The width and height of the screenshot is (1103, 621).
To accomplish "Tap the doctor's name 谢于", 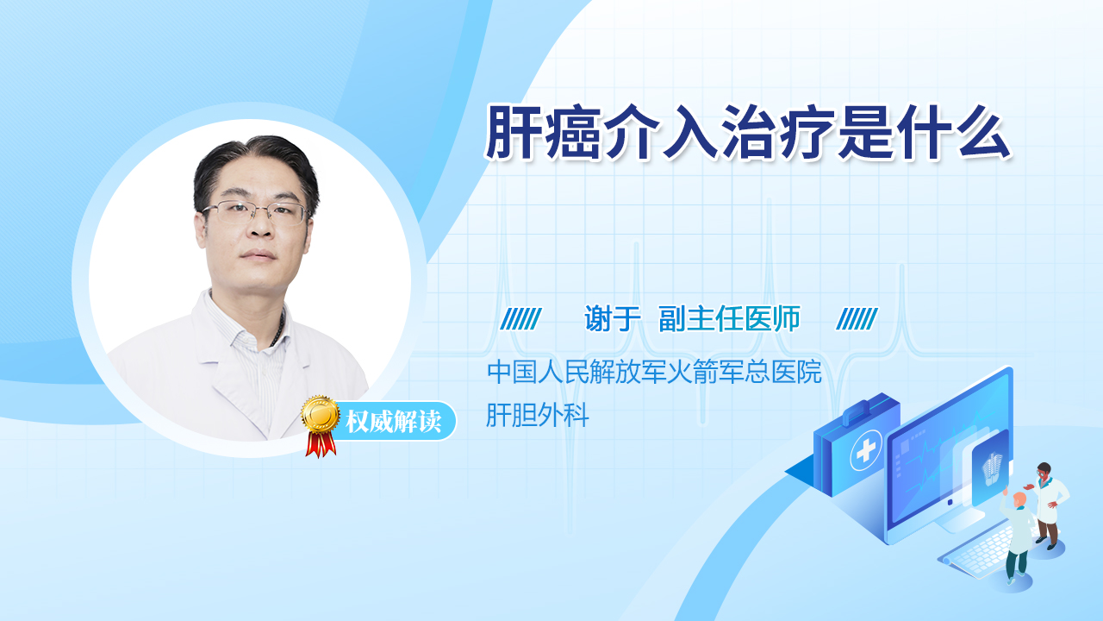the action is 612,318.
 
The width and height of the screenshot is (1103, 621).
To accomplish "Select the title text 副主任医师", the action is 729,318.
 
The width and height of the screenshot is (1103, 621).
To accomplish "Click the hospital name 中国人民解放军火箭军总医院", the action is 654,372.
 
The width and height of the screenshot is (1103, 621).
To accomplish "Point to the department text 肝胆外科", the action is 537,415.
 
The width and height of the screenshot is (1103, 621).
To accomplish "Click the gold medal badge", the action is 321,415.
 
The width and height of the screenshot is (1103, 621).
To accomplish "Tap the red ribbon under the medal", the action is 321,444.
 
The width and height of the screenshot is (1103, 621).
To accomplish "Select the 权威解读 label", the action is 393,422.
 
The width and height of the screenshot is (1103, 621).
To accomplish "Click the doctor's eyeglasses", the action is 255,212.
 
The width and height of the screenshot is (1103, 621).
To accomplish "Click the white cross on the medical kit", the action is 866,450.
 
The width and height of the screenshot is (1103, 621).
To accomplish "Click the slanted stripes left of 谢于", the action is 521,318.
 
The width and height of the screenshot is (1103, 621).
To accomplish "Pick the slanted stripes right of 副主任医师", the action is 857,318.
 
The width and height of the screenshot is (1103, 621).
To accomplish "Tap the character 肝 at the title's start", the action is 512,132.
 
